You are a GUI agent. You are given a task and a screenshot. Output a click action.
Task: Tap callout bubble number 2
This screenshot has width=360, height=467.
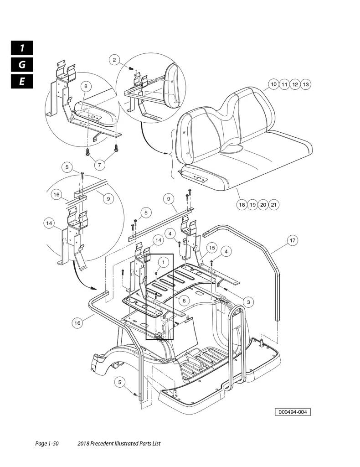[x=115, y=60]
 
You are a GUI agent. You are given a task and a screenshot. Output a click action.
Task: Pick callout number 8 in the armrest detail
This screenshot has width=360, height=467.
[x=85, y=86]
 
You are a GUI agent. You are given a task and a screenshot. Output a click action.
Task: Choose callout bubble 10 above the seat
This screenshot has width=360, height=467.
[x=273, y=84]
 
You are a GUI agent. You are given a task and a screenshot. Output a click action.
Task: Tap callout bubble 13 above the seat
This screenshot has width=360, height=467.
[x=306, y=84]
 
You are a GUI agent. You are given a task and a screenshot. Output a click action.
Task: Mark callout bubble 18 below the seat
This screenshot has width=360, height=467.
[x=242, y=205]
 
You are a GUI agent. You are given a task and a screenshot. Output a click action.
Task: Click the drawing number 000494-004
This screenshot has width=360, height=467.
[x=293, y=412]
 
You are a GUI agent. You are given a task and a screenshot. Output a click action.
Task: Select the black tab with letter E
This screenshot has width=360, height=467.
[x=21, y=82]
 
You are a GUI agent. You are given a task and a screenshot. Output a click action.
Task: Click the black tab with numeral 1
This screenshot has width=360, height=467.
[x=21, y=47]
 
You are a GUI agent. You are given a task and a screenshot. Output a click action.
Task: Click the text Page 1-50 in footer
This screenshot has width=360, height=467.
[x=47, y=444]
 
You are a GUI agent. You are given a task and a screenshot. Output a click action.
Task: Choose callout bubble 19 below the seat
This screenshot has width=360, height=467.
[x=252, y=205]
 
